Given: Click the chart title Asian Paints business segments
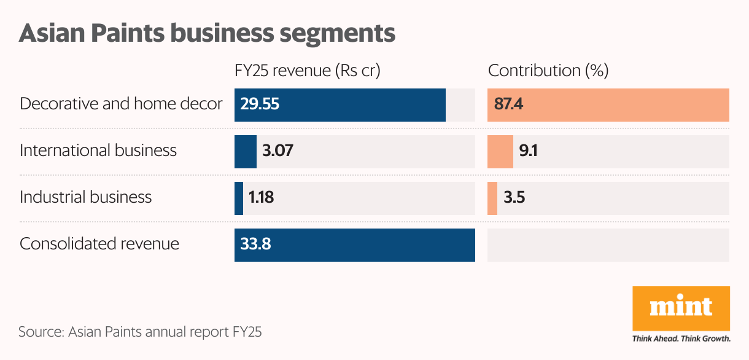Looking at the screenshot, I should (207, 33).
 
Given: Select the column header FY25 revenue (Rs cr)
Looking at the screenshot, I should (308, 71).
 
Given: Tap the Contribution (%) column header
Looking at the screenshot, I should (548, 71).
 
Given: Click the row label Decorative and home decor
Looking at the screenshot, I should (121, 104).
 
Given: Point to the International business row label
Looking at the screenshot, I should (98, 151).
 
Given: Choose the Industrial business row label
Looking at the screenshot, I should (85, 197).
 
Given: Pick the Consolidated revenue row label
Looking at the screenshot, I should (99, 244).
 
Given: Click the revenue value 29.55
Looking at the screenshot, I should (260, 104).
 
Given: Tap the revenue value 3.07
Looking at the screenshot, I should (277, 151).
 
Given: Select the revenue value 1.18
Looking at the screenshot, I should (261, 198).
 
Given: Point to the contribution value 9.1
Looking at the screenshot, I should (528, 151).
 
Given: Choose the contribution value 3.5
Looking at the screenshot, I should (514, 198).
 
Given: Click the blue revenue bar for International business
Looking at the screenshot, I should (246, 152).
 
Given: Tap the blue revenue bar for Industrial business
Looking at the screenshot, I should (239, 198).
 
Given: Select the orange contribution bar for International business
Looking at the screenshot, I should (500, 152).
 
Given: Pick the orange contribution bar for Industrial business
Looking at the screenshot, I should (492, 198).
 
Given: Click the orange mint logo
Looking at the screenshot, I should (681, 308).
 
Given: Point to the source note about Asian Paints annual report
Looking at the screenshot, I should (140, 332).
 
